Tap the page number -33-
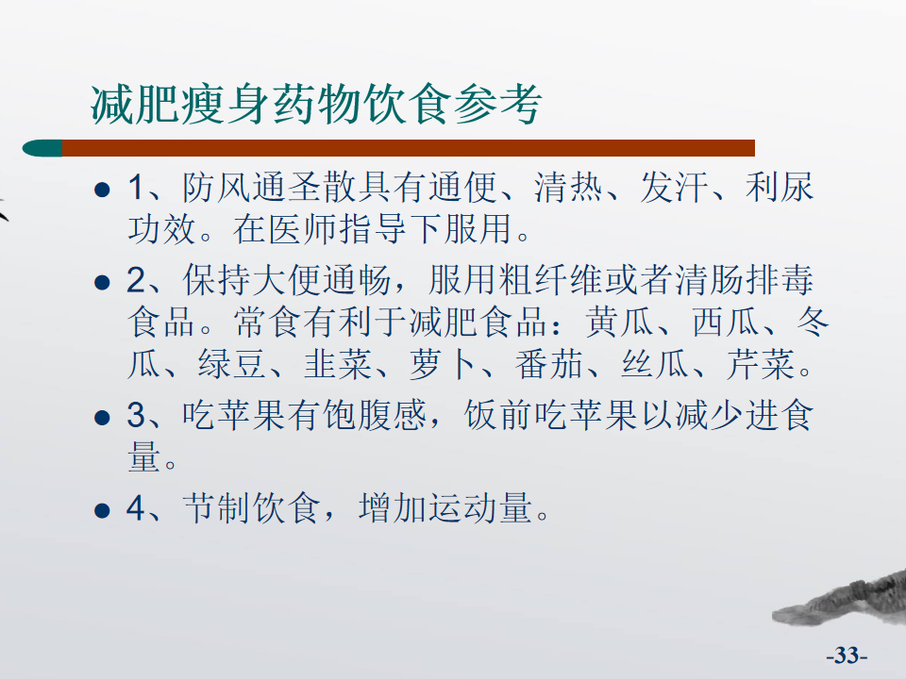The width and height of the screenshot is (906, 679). (x=847, y=655)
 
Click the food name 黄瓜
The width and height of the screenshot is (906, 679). (x=619, y=322)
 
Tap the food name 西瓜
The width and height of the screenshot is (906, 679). (x=726, y=322)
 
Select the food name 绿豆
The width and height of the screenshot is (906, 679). (x=232, y=364)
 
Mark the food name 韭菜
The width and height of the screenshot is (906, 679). (x=338, y=364)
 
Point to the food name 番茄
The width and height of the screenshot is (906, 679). (x=549, y=364)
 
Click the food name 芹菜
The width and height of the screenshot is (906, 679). (x=761, y=364)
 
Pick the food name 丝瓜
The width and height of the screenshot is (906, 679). (x=655, y=364)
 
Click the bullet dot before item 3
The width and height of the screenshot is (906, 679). (x=102, y=417)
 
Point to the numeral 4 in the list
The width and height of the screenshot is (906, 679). (x=136, y=508)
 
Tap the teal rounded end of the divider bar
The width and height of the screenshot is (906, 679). (x=42, y=148)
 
